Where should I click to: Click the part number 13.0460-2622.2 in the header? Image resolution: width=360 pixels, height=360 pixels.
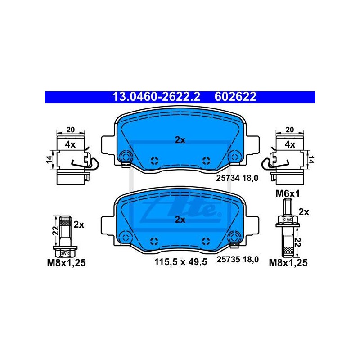156,97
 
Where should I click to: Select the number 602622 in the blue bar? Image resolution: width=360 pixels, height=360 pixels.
235,97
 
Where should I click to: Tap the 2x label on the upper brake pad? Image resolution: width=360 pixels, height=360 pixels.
180,140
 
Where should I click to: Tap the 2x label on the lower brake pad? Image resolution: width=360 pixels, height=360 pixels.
180,220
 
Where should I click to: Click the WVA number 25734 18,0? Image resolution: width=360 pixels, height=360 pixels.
238,178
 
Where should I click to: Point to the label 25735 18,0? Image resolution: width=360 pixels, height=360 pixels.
238,260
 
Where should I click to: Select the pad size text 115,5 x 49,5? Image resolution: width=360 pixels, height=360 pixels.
181,262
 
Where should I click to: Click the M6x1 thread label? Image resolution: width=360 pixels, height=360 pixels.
288,194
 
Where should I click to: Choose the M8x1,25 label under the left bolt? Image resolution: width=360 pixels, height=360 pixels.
66,263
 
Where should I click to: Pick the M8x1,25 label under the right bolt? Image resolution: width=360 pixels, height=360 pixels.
288,263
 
